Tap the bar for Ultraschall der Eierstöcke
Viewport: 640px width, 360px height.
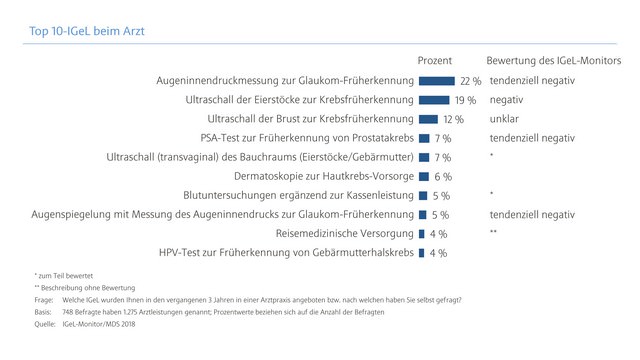433,100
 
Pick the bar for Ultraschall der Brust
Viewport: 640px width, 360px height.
428,119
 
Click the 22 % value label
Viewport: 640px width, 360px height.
470,81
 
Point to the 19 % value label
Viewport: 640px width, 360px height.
465,100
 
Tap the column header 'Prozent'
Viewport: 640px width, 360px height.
436,60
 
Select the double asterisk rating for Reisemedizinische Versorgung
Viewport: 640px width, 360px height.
494,233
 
